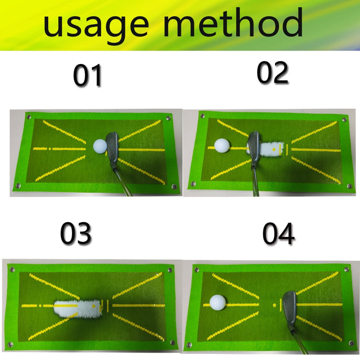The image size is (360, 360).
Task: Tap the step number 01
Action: tap(87, 76)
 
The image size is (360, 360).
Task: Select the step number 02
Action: tap(272, 73)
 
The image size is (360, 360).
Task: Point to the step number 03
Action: tap(76, 233)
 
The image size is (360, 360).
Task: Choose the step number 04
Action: tap(278, 233)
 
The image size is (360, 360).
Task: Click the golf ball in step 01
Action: tap(100, 145)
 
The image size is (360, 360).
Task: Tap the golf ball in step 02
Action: tap(221, 146)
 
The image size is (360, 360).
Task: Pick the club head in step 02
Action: tap(253, 146)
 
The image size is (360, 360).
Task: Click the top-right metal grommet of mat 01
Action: tap(166, 118)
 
